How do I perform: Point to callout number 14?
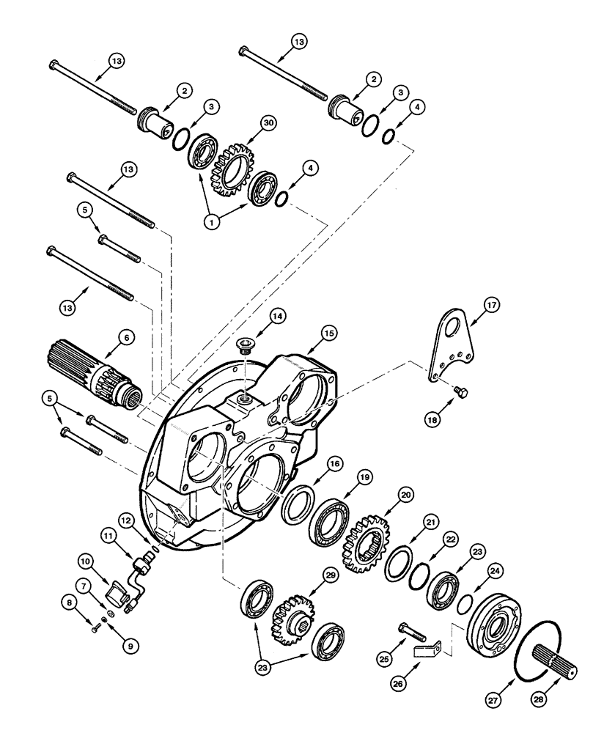(276, 315)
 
